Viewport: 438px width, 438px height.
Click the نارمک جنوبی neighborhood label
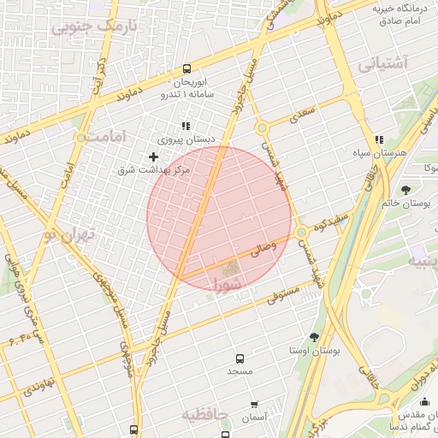[94, 27]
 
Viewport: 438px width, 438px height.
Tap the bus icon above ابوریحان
[187, 69]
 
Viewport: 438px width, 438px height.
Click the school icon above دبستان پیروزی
[186, 125]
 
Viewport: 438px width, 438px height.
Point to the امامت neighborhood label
[107, 136]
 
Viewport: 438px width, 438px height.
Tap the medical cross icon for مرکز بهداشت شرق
[154, 157]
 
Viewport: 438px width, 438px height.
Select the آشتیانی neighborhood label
[384, 63]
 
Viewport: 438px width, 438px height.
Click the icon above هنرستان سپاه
[379, 139]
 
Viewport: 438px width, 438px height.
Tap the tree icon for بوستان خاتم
[405, 189]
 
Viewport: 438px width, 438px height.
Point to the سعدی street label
[303, 112]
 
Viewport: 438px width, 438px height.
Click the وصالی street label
[263, 250]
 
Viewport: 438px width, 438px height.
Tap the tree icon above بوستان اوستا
[314, 337]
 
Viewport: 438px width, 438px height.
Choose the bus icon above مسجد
[239, 358]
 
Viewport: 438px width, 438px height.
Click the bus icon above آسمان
[254, 404]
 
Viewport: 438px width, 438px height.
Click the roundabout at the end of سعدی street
[263, 128]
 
